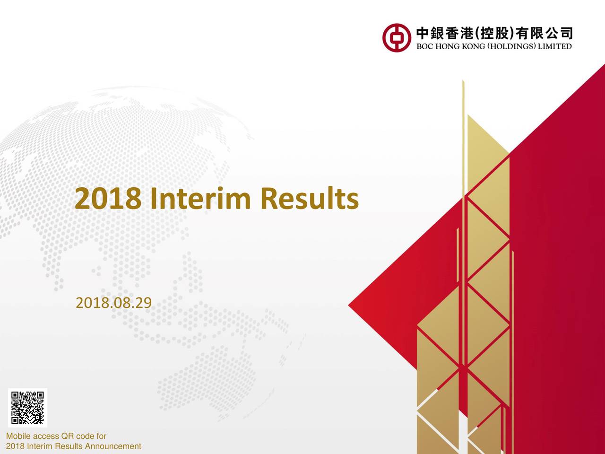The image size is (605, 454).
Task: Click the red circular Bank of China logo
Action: (397, 38)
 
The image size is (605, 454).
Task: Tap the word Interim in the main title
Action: (200, 198)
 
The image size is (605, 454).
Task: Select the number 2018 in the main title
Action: (108, 199)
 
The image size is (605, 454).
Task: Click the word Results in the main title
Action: (310, 198)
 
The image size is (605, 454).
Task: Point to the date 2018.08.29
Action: (113, 303)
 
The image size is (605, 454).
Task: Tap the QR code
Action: (27, 408)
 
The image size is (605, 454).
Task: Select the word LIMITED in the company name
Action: (555, 46)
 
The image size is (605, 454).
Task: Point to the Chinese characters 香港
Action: (458, 34)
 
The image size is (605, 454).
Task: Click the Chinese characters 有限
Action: (529, 34)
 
